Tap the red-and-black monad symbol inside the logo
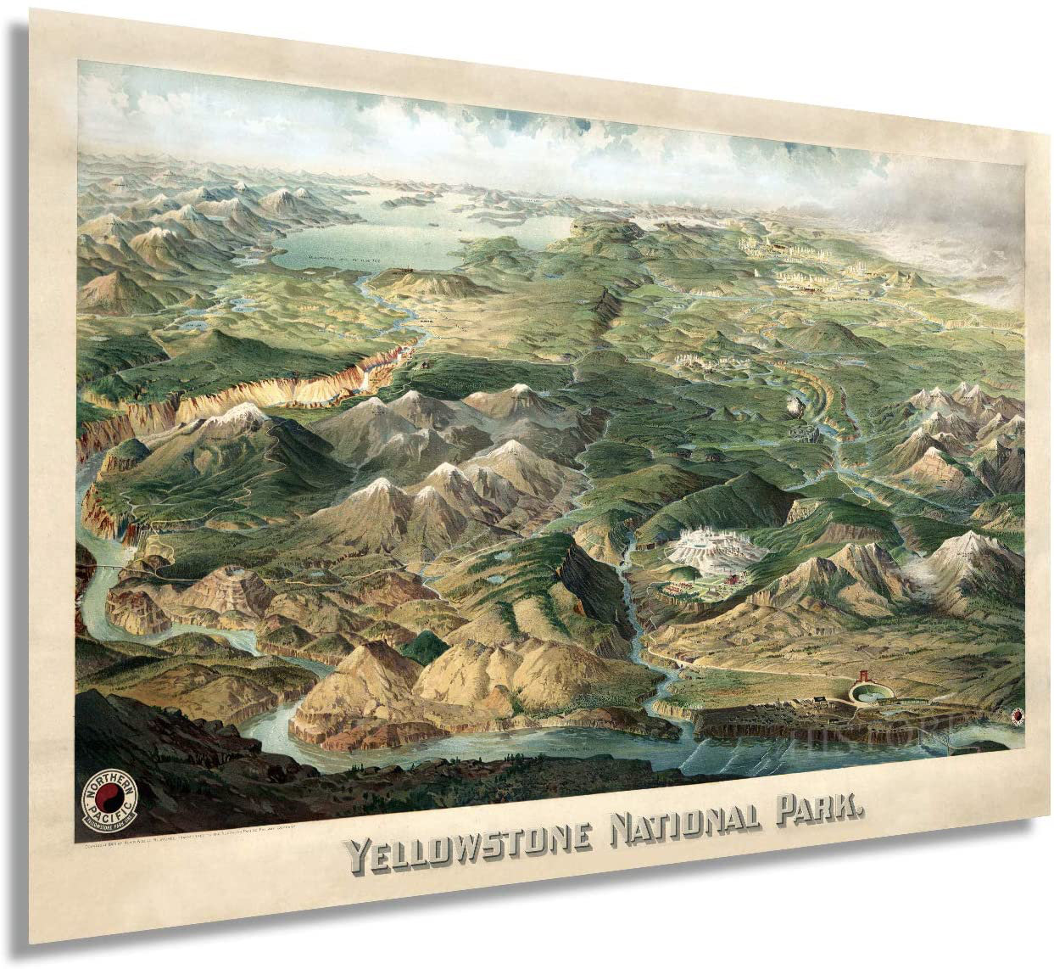tap(109, 800)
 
